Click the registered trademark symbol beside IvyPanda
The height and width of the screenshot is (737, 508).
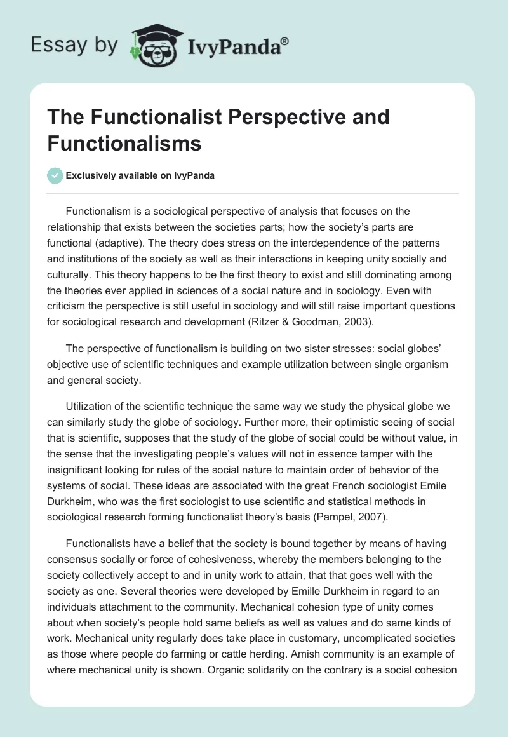[x=285, y=41]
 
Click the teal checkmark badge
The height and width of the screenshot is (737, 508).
[x=55, y=175]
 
